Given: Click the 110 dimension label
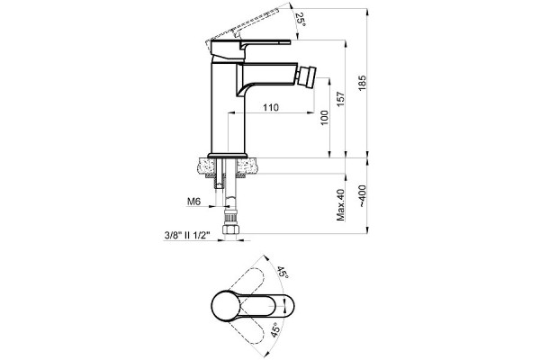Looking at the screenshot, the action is pos(271,107).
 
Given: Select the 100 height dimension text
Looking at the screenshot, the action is pos(324,118).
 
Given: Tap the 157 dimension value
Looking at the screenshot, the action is pos(340,99).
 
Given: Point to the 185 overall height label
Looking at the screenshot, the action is pos(362,83).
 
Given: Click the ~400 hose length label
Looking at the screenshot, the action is pos(363,196).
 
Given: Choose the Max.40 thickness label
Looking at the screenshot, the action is pos(340,205).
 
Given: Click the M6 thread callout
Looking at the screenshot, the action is pos(193,202).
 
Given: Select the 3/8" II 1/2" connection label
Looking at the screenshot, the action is pos(187,236).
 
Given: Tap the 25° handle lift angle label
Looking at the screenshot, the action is pos(301,20).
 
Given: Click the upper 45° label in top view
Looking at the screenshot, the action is pos(283,272).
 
